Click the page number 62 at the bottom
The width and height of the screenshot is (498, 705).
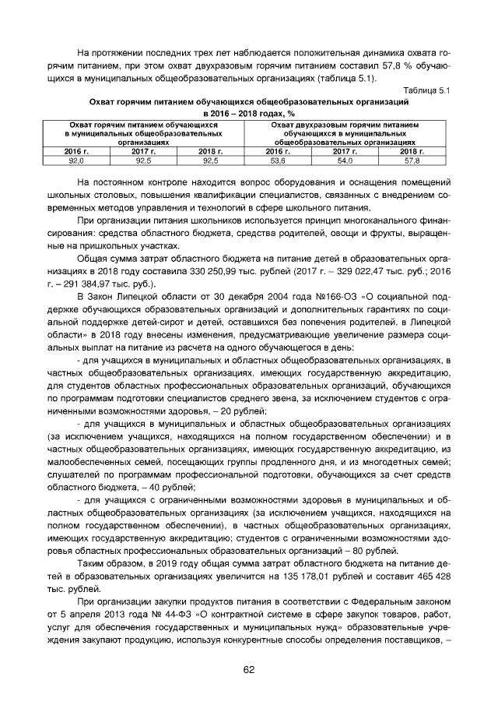click(x=249, y=669)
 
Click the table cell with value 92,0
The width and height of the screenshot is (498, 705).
click(x=77, y=160)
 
